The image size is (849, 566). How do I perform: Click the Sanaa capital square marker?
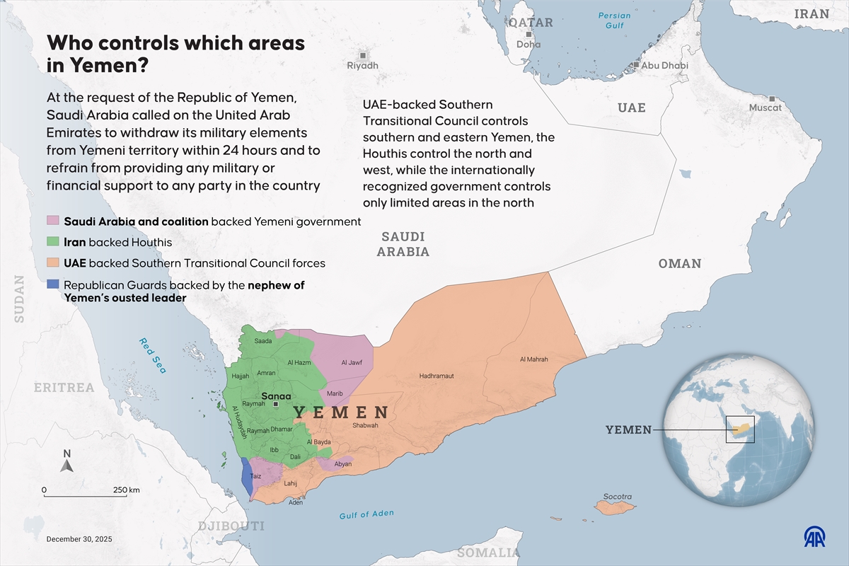[x=276, y=404]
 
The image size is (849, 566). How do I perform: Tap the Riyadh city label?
[x=362, y=65]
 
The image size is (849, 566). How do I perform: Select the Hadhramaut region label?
[x=437, y=376]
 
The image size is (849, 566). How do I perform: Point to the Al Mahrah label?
[x=533, y=359]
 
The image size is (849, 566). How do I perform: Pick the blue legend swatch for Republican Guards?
[x=54, y=285]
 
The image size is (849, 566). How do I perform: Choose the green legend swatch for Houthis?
[x=54, y=242]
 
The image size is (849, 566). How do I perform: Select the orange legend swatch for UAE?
[x=54, y=263]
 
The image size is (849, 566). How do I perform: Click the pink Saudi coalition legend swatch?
[x=54, y=221]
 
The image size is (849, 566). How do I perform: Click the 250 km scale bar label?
[x=126, y=490]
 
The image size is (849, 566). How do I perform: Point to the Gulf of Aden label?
[x=366, y=514]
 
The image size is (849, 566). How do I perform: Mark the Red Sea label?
[x=152, y=354]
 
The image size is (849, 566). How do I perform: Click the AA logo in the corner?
[x=818, y=537]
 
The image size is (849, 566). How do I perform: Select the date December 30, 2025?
[x=79, y=539]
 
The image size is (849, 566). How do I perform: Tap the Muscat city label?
[x=766, y=108]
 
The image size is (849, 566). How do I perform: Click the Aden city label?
[x=296, y=502]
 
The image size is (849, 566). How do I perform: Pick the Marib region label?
[x=335, y=393]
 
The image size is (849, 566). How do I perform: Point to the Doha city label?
[x=529, y=44]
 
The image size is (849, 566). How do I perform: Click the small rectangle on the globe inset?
[x=740, y=429]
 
